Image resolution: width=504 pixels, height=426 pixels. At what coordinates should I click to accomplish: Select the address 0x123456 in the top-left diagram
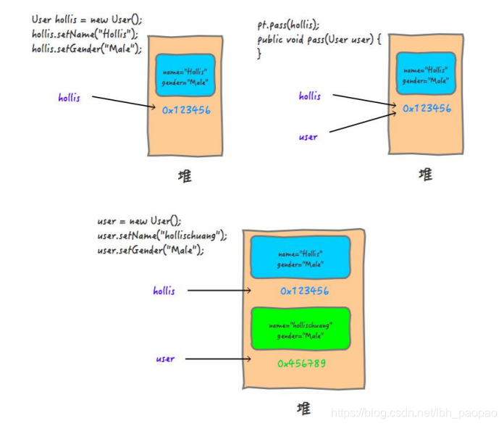tap(186, 111)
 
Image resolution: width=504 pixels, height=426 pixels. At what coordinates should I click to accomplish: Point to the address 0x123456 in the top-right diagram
tap(427, 109)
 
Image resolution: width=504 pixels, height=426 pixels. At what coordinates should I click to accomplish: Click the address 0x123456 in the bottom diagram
tap(303, 291)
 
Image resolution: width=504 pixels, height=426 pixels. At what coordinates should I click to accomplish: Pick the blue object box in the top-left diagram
tap(185, 75)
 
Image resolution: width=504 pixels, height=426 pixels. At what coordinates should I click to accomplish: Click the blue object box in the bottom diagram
tap(300, 259)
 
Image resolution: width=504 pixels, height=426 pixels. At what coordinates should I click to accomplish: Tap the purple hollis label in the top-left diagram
tap(70, 98)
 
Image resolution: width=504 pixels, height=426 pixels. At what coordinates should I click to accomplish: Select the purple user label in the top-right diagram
tap(308, 137)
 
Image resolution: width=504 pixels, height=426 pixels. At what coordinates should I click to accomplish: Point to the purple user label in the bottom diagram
tap(165, 359)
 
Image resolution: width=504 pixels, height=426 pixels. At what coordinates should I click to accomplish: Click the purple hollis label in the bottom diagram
tap(164, 291)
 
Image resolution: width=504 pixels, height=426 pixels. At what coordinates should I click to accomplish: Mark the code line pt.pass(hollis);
tap(287, 25)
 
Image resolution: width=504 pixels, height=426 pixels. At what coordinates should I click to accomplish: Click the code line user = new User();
tap(139, 221)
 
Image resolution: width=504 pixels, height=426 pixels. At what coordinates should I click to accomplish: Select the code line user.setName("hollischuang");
tap(162, 235)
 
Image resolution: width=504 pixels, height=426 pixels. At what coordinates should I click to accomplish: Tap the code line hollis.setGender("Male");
tap(87, 49)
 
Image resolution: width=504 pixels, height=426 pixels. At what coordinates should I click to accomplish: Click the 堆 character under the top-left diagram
tap(186, 175)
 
